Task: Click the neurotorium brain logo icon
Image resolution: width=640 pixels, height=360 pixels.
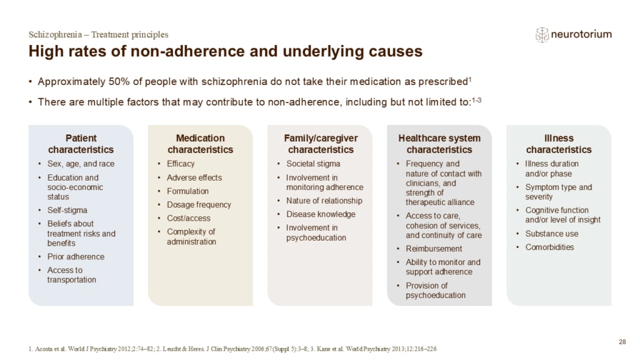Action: pyautogui.click(x=542, y=35)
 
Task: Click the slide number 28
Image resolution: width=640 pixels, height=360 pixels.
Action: pyautogui.click(x=622, y=342)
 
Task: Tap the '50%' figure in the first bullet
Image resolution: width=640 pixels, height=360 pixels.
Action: pyautogui.click(x=119, y=82)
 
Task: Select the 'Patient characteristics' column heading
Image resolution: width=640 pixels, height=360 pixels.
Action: pyautogui.click(x=81, y=144)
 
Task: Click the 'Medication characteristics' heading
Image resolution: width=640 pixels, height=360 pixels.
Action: pyautogui.click(x=201, y=144)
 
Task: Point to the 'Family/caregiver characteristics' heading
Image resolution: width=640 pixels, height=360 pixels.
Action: pyautogui.click(x=321, y=144)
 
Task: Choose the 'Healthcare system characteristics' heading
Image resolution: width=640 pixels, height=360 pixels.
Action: pyautogui.click(x=439, y=144)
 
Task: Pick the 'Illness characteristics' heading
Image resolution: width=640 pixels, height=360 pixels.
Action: pyautogui.click(x=559, y=144)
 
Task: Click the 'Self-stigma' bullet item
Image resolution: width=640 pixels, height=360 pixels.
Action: pyautogui.click(x=67, y=210)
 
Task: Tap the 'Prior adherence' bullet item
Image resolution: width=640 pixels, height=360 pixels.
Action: pyautogui.click(x=76, y=257)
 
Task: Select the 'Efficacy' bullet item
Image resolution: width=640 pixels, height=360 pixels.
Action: pyautogui.click(x=181, y=164)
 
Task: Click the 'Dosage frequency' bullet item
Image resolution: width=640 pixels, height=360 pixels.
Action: pyautogui.click(x=199, y=204)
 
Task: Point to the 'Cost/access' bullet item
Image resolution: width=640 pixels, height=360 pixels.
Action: pyautogui.click(x=189, y=218)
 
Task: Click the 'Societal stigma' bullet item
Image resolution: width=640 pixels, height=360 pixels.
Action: pyautogui.click(x=313, y=164)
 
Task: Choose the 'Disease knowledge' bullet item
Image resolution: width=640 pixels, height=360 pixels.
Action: pyautogui.click(x=321, y=214)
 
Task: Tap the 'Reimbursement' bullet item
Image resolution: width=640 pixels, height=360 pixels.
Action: pyautogui.click(x=434, y=249)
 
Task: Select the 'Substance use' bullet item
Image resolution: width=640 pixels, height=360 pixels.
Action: pyautogui.click(x=552, y=234)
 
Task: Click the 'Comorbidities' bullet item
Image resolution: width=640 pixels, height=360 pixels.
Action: pyautogui.click(x=549, y=247)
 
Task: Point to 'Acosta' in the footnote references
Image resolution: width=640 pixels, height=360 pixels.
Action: pyautogui.click(x=43, y=349)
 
